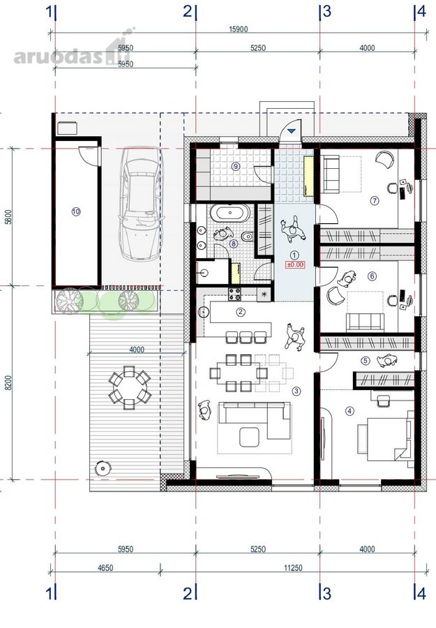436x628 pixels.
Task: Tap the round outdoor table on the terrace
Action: coord(130,387)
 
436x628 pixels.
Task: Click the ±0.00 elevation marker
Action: coord(294,264)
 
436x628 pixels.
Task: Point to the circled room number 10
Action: coord(76,211)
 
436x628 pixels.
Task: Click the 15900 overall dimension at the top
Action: coord(239,29)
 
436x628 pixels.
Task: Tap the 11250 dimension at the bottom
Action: coord(293,567)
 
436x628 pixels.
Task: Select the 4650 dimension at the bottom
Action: coord(105,567)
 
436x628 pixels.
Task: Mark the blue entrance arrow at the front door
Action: coord(292,130)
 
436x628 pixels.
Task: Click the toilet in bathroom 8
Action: coord(248,237)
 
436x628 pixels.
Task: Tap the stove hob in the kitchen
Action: coord(234,294)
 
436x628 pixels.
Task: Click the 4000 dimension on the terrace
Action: coord(137,350)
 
